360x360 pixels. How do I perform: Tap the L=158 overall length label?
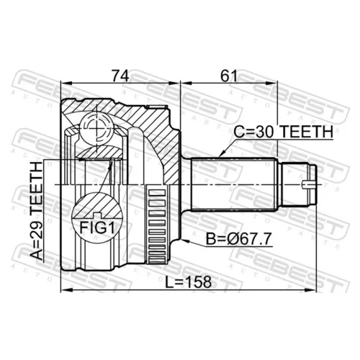189,282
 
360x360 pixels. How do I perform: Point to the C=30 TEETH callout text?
284,132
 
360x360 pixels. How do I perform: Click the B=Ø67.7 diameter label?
239,239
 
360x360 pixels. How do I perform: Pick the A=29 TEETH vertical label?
37,211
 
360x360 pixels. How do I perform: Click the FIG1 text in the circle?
97,228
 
